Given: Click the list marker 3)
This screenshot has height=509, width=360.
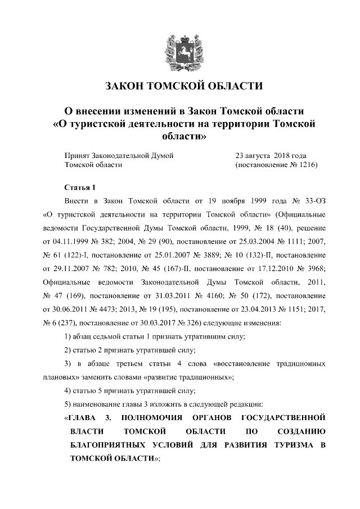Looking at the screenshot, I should (x=69, y=363).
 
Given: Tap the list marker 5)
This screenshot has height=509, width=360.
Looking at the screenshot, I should (x=69, y=403).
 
